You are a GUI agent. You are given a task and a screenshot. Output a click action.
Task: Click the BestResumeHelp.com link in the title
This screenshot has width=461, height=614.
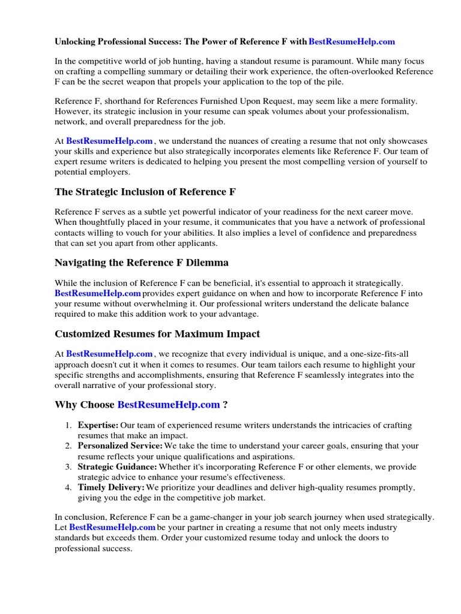tap(352, 41)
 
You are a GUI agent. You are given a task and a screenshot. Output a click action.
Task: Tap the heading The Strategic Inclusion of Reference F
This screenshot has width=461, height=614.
tap(145, 192)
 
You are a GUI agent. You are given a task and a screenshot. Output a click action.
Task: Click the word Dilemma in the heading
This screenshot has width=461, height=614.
tap(208, 262)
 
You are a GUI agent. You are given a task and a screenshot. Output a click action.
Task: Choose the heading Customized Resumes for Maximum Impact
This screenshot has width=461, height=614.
tap(157, 333)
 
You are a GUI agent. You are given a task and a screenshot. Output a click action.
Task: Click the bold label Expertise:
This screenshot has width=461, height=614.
tap(98, 425)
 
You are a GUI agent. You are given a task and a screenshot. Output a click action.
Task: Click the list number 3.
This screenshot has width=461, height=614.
tap(69, 466)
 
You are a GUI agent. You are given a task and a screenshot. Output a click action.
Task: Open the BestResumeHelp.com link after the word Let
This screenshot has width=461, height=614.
tap(112, 527)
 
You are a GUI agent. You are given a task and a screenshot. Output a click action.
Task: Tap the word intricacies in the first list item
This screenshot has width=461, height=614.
tap(331, 425)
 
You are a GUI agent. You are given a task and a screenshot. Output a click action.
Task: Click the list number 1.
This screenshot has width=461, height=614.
tap(69, 425)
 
